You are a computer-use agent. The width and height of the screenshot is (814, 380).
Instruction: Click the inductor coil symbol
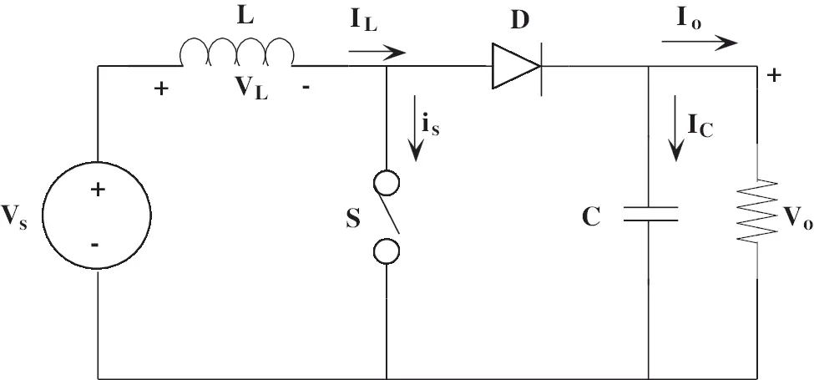237,39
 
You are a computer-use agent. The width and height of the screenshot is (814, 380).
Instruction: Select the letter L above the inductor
245,17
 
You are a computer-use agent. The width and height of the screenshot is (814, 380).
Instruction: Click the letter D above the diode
519,19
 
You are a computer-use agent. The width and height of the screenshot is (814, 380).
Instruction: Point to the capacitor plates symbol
650,214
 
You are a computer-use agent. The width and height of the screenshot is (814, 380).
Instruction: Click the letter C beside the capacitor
591,217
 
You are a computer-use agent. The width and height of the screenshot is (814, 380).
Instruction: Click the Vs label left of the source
14,216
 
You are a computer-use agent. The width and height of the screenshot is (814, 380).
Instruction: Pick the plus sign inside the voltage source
97,190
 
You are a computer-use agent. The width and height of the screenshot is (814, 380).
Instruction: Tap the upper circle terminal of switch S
387,183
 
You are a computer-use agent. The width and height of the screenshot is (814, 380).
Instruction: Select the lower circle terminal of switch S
387,251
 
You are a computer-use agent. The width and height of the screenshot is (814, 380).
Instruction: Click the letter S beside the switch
353,220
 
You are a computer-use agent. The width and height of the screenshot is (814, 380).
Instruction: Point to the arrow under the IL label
377,52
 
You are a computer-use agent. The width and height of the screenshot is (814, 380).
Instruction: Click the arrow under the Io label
700,43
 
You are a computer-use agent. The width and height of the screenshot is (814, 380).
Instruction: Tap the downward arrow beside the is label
415,128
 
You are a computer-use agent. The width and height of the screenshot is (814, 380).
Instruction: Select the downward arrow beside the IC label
675,128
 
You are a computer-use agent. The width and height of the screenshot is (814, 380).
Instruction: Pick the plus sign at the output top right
773,76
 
